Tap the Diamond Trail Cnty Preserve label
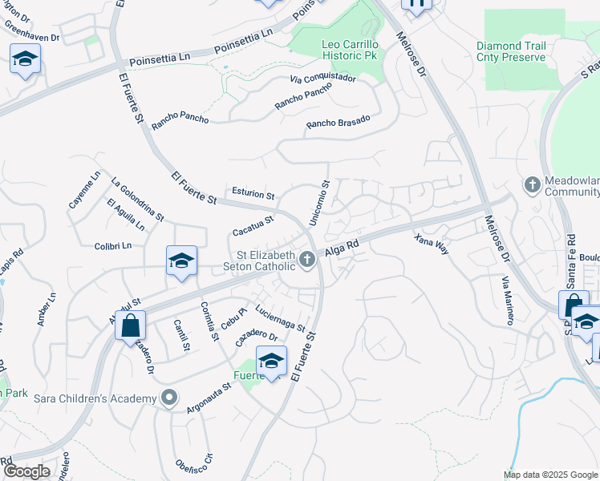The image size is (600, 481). [510, 51]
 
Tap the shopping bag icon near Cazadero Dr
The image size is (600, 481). [130, 325]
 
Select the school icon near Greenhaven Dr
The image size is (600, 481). [26, 59]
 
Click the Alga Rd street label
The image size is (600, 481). [342, 252]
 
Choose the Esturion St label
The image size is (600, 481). [253, 195]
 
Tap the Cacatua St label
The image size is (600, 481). [253, 225]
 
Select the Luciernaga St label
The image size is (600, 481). [280, 317]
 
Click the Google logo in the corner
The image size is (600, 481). [26, 471]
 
